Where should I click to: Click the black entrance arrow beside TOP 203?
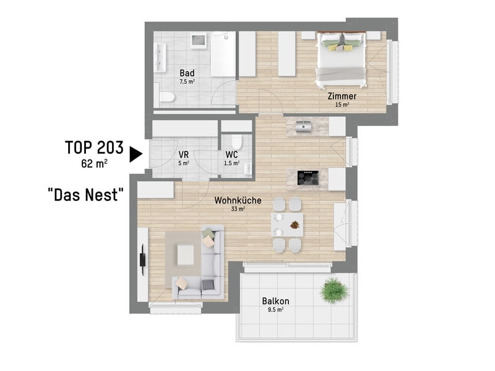pos(135,155)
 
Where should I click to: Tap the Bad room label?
pos(187,73)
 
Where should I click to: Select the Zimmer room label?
pos(342,96)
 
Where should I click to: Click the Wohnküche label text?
pos(238,200)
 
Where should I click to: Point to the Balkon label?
pos(275,301)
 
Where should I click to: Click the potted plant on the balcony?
pos(334,290)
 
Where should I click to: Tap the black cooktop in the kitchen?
pos(308,178)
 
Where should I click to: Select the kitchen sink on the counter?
pos(304,126)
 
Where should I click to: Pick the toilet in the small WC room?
pos(236,142)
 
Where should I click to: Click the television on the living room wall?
pos(143,260)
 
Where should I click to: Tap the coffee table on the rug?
pos(186,255)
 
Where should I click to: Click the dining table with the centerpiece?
pos(287,224)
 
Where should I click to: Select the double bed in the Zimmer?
pos(342,59)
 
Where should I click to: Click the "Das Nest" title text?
pos(85,195)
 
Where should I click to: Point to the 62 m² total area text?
pos(94,163)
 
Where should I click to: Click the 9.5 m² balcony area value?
pos(275,310)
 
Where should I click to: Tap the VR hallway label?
pos(183,155)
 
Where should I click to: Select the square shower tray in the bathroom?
pos(199,40)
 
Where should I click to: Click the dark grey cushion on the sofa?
pos(207,284)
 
